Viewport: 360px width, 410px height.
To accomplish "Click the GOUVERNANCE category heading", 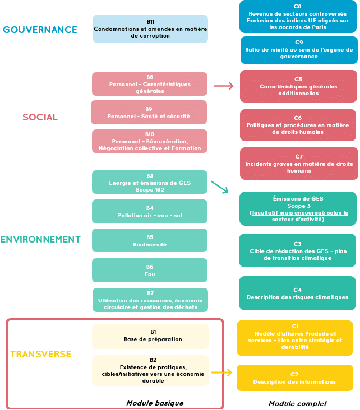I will pos(40,30).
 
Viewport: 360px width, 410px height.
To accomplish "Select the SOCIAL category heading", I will pos(40,117).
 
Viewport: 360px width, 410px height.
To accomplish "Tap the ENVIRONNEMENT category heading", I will pos(40,239).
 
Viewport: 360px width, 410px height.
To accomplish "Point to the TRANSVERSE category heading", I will pos(40,354).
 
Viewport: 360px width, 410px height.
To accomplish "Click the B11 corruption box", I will pos(150,29).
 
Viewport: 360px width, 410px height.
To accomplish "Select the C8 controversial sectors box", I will pos(298,17).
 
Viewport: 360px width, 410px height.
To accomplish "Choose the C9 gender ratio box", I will pos(299,50).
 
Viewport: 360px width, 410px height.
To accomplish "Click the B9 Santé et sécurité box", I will pos(149,113).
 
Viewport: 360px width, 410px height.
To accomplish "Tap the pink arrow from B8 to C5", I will pos(223,86).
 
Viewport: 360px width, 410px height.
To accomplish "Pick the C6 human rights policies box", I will pos(298,125).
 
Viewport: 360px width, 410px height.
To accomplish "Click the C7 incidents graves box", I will pos(299,164).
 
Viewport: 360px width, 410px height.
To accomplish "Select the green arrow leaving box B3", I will pos(219,187).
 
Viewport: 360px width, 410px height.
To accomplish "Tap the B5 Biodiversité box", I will pos(150,240).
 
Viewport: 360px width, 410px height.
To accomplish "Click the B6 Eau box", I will pos(150,270).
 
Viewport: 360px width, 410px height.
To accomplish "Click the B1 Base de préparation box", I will pos(150,336).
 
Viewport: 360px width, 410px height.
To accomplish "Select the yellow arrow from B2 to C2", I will pos(221,372).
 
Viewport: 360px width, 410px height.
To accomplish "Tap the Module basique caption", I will pos(154,403).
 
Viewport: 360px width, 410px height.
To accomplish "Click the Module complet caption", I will pos(297,403).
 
